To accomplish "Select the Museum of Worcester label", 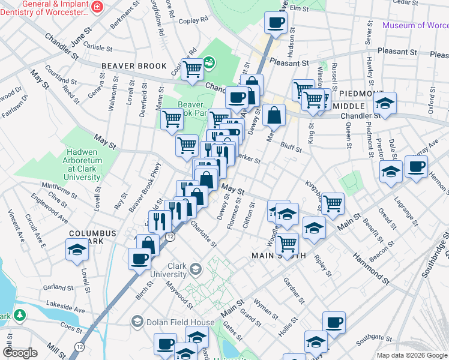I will click(415, 25).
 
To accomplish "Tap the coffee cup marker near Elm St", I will click(276, 24).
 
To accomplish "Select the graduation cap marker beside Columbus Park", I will click(77, 250).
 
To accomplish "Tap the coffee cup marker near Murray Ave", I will click(416, 166).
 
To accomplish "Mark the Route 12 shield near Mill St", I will click(79, 346).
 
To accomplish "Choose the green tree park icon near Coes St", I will click(20, 314).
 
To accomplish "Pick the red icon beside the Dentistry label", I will click(97, 6).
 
